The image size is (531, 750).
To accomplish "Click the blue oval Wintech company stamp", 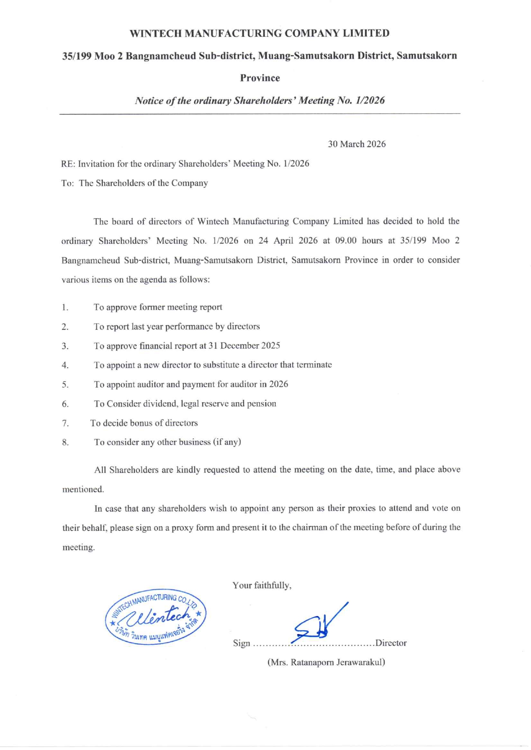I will tap(156, 617).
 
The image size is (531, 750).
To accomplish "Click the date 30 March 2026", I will tap(357, 144).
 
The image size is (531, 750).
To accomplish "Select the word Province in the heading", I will tap(260, 78).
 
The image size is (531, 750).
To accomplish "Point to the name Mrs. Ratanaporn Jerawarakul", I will tap(326, 662).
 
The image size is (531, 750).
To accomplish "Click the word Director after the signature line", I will tap(391, 643).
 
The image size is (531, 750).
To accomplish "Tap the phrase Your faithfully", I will tap(262, 585).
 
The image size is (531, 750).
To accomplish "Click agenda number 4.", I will tap(65, 365).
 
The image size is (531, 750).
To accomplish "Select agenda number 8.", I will tap(65, 442).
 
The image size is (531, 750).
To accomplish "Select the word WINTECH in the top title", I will tap(156, 33).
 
